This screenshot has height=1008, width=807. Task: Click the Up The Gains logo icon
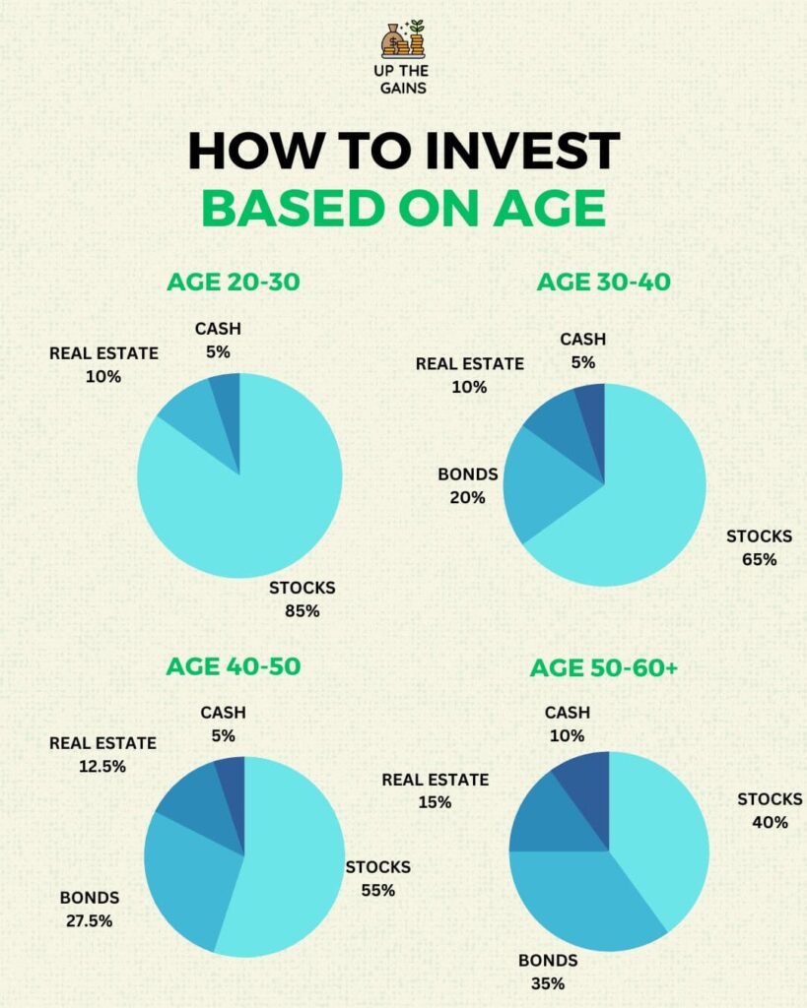[x=403, y=39]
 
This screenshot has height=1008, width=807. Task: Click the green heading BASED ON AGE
[x=403, y=208]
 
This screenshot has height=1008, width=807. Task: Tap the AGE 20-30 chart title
[x=234, y=283]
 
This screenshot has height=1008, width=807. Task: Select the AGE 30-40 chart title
[x=603, y=283]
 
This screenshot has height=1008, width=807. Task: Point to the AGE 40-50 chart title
[x=234, y=666]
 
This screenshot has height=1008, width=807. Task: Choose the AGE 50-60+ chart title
[x=603, y=668]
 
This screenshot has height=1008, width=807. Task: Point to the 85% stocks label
[x=302, y=610]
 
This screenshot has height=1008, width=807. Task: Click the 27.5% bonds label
[x=89, y=921]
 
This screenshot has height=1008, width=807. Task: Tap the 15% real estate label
[x=435, y=802]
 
